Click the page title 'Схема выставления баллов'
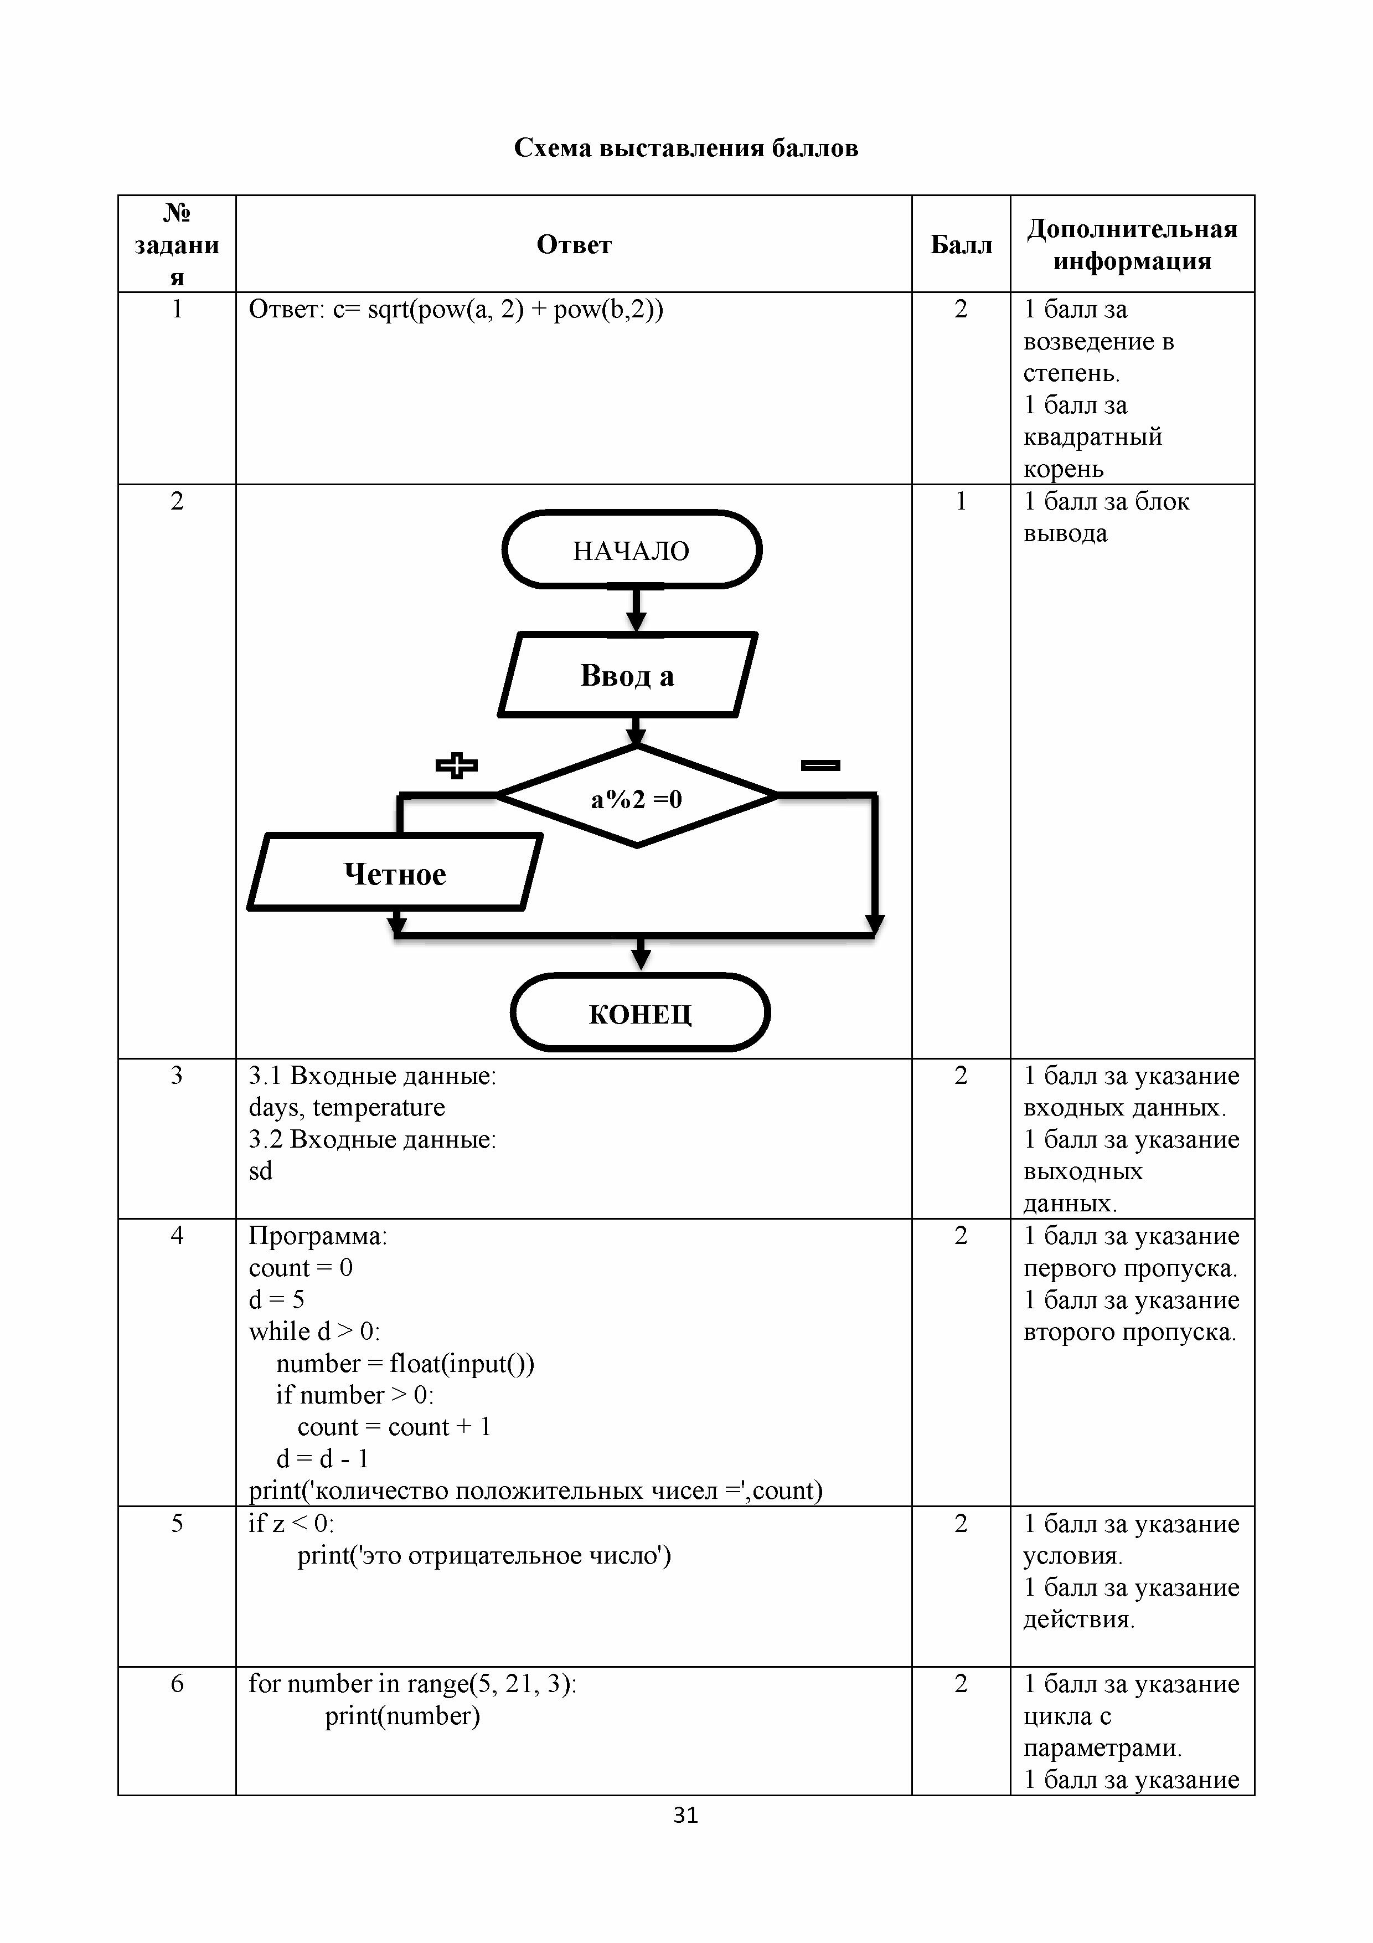(x=686, y=148)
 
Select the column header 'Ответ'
(x=574, y=245)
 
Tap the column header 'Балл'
(x=961, y=245)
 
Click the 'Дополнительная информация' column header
(x=1132, y=245)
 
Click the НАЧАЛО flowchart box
(x=632, y=550)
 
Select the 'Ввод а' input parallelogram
(x=628, y=675)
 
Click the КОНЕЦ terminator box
(x=641, y=1013)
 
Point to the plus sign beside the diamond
(x=457, y=765)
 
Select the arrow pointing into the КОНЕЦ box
(x=641, y=954)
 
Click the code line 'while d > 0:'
(x=314, y=1331)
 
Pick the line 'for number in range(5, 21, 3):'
(x=413, y=1683)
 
